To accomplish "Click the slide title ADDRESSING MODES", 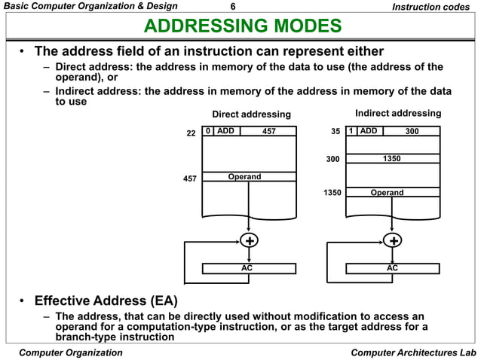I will (x=243, y=28).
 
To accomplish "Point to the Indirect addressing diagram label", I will (x=397, y=113).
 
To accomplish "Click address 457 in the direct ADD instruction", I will (x=268, y=131).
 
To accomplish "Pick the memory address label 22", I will (x=191, y=133).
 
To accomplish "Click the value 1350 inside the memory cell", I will (x=391, y=159).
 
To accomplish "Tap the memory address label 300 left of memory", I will (x=332, y=160).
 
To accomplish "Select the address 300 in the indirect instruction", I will (x=412, y=130).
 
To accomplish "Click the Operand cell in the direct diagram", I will (x=244, y=177).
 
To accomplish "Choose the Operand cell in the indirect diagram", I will (x=387, y=193).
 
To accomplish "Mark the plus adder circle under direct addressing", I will (x=247, y=240).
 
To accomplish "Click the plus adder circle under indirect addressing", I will (x=393, y=240).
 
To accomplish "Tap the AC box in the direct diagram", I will (x=247, y=268).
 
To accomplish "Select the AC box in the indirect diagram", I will (x=392, y=268).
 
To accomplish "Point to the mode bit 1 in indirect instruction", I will (x=351, y=130).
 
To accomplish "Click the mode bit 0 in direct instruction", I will (x=207, y=131).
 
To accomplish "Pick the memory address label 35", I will (x=335, y=131).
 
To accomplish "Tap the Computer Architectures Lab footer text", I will (x=414, y=352).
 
